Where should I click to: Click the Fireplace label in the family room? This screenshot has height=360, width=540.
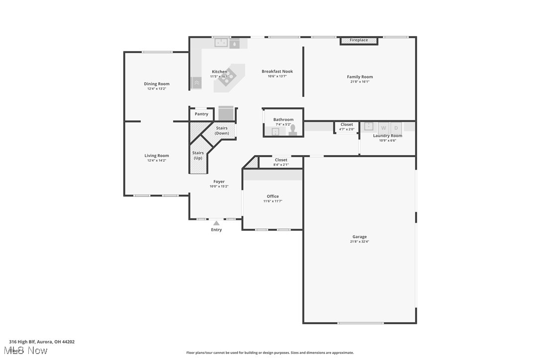(359, 40)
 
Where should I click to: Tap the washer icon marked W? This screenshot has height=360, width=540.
(383, 128)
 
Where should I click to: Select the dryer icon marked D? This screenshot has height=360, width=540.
(396, 128)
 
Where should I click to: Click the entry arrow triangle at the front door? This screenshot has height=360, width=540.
(216, 223)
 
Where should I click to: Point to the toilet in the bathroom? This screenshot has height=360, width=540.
(293, 130)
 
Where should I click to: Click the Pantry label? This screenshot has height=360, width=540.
(201, 114)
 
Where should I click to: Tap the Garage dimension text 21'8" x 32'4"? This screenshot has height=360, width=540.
(360, 242)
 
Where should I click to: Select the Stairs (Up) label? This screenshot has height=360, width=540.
(198, 155)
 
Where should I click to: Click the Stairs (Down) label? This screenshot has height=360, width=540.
(222, 131)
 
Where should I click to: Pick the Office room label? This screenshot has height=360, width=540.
(272, 196)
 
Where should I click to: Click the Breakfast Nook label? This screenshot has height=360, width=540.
(277, 72)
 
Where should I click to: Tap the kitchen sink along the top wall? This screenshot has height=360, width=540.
(221, 43)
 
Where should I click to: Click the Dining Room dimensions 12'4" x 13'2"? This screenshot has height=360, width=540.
(157, 89)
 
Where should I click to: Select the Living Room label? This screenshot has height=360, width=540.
(157, 156)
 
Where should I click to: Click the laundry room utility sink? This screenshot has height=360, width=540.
(369, 126)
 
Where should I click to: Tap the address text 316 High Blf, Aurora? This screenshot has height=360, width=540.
(42, 342)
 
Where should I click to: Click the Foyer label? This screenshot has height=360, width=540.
(219, 181)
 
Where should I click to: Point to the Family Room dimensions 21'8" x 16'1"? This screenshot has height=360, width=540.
(360, 82)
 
